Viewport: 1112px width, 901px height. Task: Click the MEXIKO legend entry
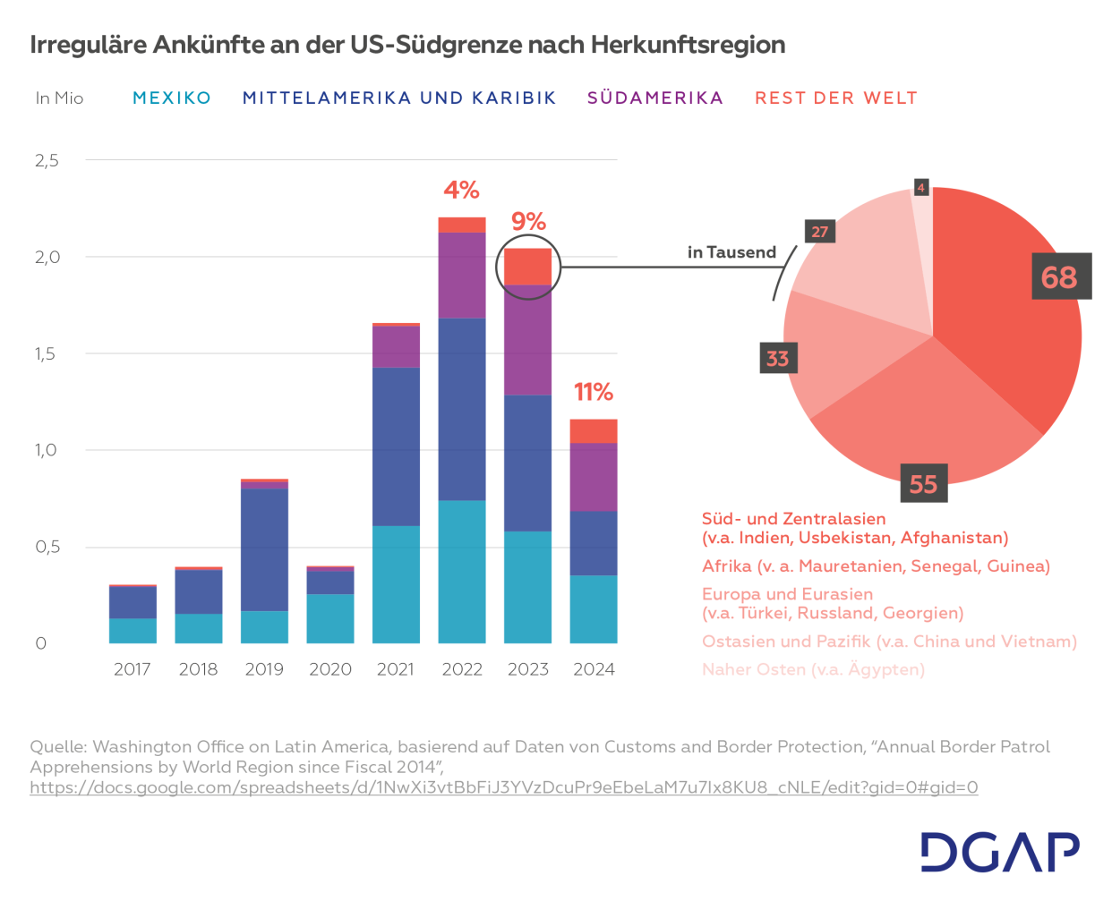pos(171,98)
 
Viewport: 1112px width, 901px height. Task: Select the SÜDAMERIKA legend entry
pos(654,98)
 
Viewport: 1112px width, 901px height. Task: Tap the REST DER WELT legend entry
pos(835,98)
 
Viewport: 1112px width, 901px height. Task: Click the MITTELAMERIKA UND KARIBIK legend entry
pos(399,98)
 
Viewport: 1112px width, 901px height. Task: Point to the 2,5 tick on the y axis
pos(47,160)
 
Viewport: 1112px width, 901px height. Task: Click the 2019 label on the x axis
pos(264,669)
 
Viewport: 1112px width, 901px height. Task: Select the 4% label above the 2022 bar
pos(461,190)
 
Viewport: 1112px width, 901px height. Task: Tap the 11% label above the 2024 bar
pos(593,392)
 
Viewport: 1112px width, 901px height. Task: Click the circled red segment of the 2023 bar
pos(528,267)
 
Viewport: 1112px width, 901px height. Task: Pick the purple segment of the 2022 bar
pos(462,275)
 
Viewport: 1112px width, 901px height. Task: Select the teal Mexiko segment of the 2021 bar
pos(396,583)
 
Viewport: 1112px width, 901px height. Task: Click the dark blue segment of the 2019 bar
pos(264,549)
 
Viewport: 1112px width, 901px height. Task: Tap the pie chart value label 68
pos(1059,276)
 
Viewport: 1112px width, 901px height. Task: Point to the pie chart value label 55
pos(923,484)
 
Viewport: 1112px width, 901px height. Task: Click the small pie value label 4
pos(920,187)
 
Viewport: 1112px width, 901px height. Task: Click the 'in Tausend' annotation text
pos(731,252)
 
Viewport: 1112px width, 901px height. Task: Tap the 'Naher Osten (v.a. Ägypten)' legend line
pos(813,669)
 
